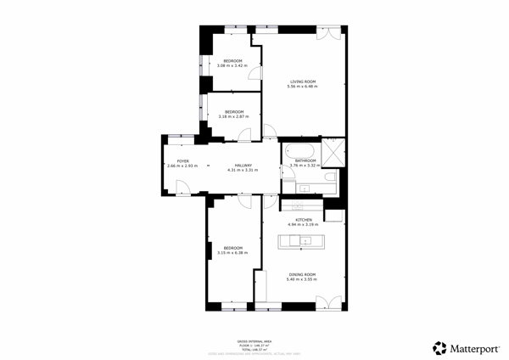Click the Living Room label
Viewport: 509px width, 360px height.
[303, 82]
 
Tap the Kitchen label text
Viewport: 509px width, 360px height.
[304, 220]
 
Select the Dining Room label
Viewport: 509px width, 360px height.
[303, 274]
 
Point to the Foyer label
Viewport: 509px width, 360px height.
[182, 160]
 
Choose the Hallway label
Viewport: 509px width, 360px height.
[243, 166]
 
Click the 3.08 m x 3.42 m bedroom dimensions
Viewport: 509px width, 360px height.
[232, 65]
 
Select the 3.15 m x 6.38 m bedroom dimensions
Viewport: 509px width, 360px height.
[232, 252]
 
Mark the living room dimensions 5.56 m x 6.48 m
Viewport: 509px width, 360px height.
[303, 87]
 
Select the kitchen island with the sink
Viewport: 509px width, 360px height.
[303, 240]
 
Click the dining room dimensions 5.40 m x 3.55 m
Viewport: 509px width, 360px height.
[303, 279]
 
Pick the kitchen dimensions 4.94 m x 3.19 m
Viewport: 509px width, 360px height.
[304, 225]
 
